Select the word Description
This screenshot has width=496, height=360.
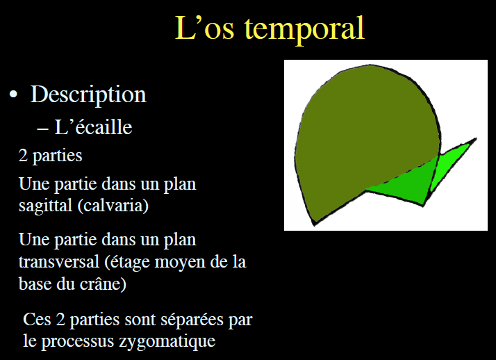click(x=88, y=95)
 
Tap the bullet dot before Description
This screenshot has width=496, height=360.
click(x=13, y=95)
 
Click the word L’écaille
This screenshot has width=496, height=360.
click(x=93, y=127)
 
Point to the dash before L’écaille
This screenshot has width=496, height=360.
click(x=42, y=128)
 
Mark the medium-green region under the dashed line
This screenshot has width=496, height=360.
click(x=403, y=184)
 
